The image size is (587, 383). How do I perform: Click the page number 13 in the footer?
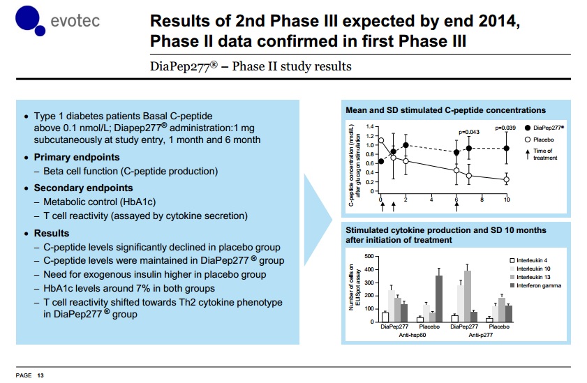coord(40,376)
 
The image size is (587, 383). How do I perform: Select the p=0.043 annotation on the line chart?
coord(469,132)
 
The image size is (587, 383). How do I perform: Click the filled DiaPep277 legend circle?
coord(526,128)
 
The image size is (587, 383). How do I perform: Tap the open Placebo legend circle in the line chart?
coord(526,140)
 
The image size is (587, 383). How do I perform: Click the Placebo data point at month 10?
coord(507,179)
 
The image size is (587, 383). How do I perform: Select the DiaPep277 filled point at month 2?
coord(406,145)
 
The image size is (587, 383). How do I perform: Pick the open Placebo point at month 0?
coord(381,141)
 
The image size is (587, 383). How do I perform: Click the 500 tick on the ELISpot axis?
coord(371,257)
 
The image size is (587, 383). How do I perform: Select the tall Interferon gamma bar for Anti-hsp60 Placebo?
coord(438,296)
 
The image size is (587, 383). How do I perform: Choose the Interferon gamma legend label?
coord(539,285)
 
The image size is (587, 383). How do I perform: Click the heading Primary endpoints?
coord(77,157)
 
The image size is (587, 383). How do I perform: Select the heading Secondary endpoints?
coord(83,188)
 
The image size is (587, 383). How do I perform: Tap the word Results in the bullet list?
coord(52,233)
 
